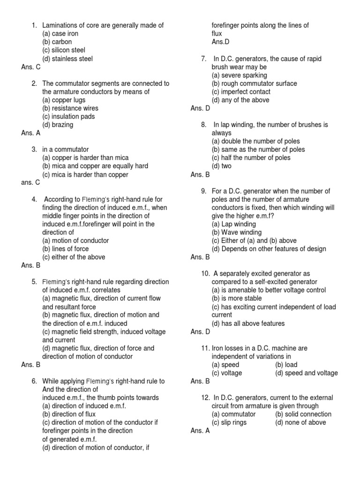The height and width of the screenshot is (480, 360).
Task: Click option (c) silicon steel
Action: click(x=64, y=50)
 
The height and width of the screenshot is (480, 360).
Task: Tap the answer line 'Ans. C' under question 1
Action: click(x=31, y=67)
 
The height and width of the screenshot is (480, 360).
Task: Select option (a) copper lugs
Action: click(x=63, y=100)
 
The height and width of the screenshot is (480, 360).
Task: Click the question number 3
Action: click(x=34, y=150)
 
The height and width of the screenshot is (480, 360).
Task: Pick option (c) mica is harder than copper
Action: click(x=85, y=175)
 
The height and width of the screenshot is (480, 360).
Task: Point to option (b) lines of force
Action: click(x=65, y=249)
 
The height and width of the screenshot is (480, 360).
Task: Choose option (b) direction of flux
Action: click(x=69, y=414)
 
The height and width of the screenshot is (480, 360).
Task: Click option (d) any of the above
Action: click(x=240, y=100)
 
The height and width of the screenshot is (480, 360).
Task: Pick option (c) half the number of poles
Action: click(x=251, y=158)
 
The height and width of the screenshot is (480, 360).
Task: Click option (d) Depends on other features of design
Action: click(x=269, y=249)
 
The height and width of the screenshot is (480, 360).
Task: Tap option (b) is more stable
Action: click(x=237, y=299)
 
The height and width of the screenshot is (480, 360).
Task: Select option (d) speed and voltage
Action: click(x=307, y=373)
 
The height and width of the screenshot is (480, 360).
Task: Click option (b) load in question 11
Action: click(x=286, y=365)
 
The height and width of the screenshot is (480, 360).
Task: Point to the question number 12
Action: click(x=205, y=397)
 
